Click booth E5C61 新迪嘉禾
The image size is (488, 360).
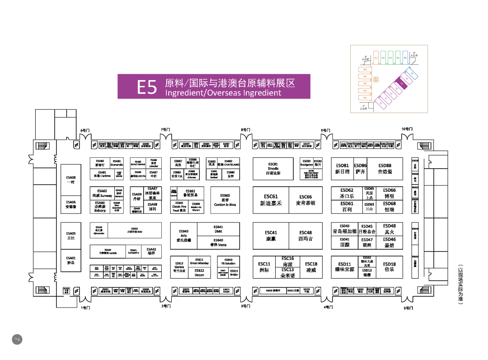pyautogui.click(x=271, y=200)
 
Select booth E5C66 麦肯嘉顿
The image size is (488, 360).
pyautogui.click(x=305, y=200)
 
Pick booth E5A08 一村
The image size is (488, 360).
pyautogui.click(x=70, y=180)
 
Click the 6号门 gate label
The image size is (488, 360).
pyautogui.click(x=85, y=130)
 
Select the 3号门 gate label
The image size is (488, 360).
pyautogui.click(x=245, y=306)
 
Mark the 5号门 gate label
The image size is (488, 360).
pyautogui.click(x=408, y=308)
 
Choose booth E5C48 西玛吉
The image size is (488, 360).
pyautogui.click(x=305, y=236)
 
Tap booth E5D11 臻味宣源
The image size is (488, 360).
pyautogui.click(x=344, y=267)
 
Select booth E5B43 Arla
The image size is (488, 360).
pyautogui.click(x=183, y=235)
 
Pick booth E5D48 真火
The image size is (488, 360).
pyautogui.click(x=389, y=229)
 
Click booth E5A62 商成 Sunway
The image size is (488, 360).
pyautogui.click(x=102, y=194)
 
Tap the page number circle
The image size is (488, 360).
pyautogui.click(x=16, y=339)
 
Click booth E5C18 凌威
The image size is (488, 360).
pyautogui.click(x=311, y=267)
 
